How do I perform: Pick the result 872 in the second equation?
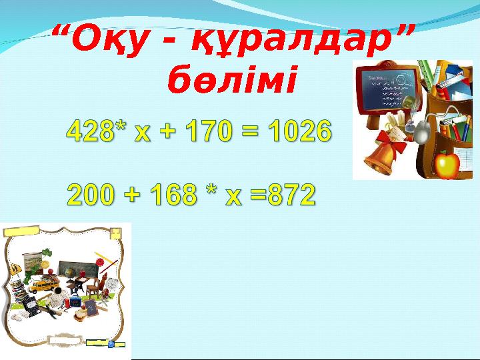[284, 195]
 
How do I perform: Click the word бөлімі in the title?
[230, 81]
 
